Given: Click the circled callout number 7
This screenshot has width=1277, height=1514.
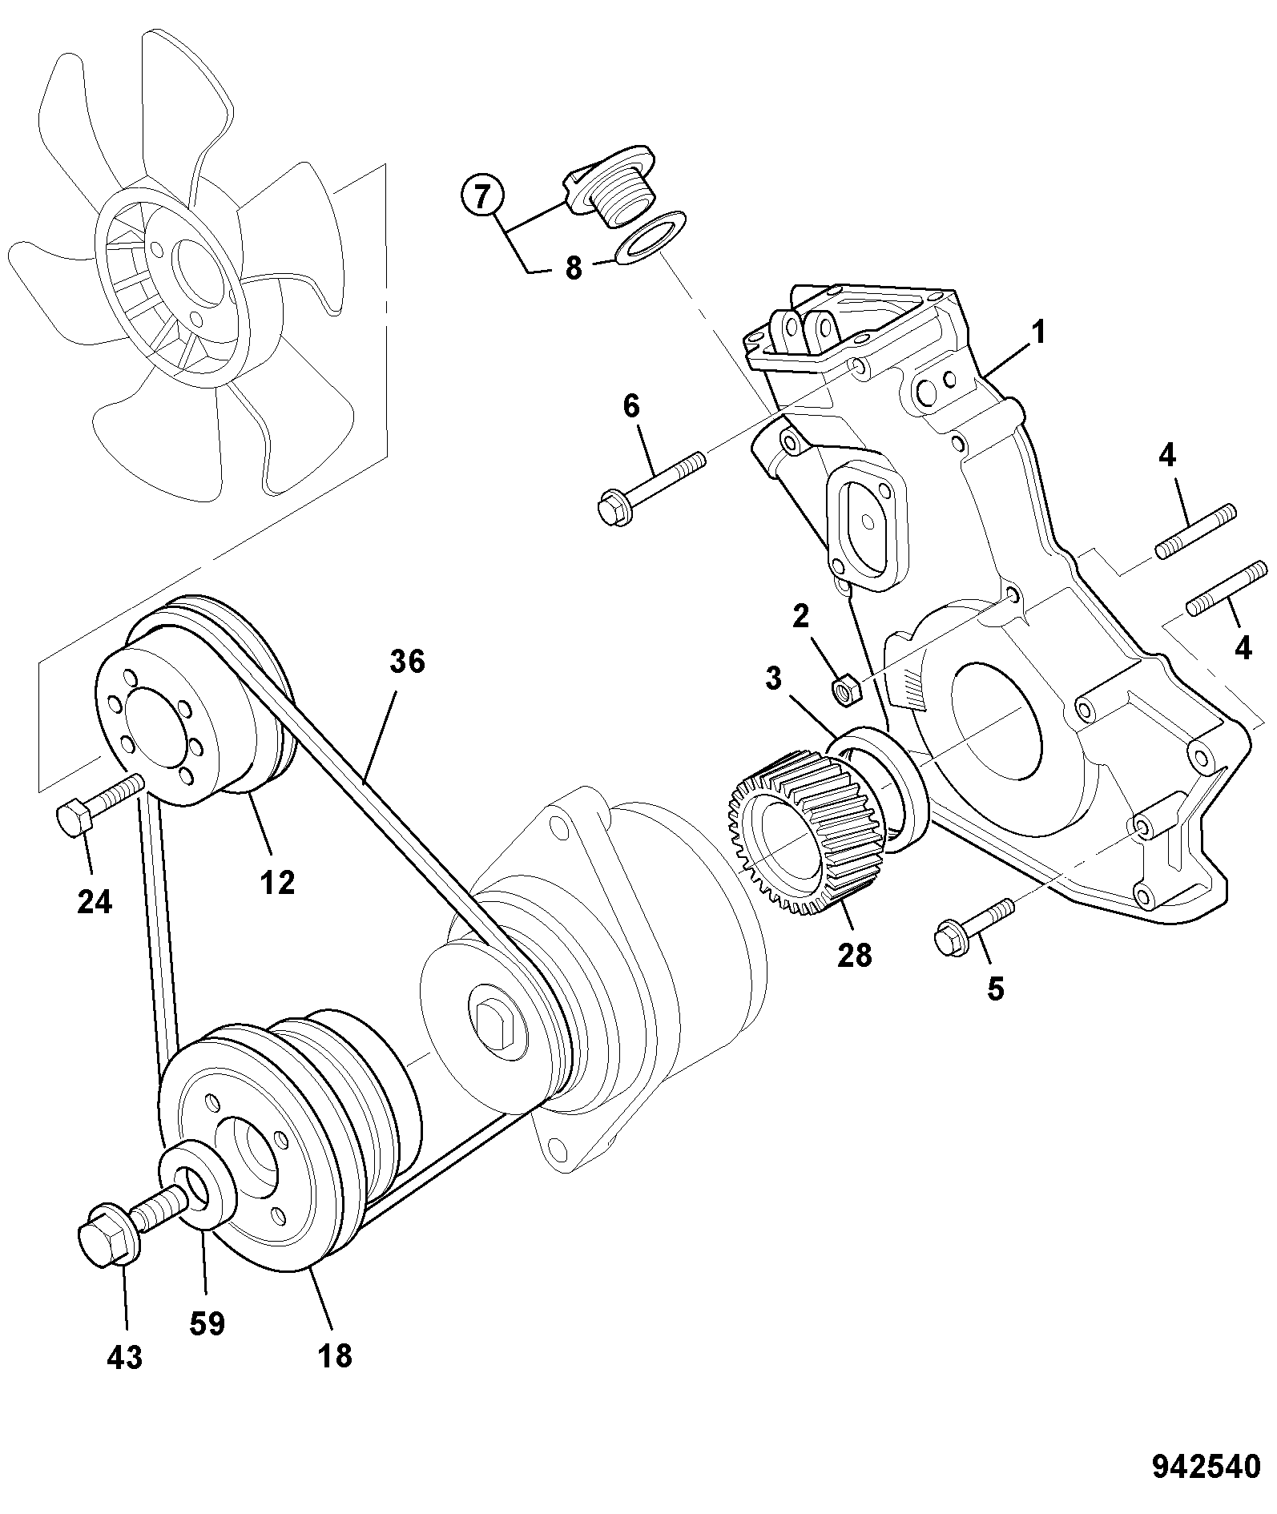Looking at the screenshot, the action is pyautogui.click(x=481, y=197).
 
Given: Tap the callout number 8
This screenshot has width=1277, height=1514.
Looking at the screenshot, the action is pyautogui.click(x=573, y=268).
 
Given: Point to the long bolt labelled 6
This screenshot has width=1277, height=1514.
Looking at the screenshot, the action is pyautogui.click(x=651, y=488).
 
